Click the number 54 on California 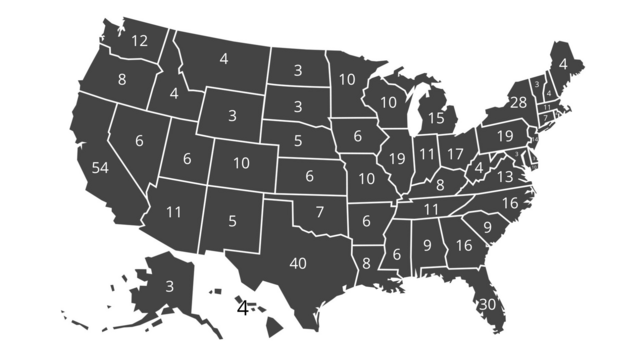[x=100, y=168]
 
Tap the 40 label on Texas [x=298, y=264]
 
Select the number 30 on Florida [x=488, y=305]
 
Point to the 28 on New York [x=518, y=102]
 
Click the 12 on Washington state [x=139, y=41]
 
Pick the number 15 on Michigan [x=436, y=118]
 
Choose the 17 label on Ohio [x=455, y=154]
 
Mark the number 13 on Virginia [x=505, y=176]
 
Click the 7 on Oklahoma [x=320, y=212]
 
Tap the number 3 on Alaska [x=169, y=286]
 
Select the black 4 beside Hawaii [x=242, y=308]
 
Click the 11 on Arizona [x=174, y=212]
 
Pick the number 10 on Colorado [x=242, y=162]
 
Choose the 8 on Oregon [x=122, y=80]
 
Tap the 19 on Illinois [x=397, y=158]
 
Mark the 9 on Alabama [x=427, y=244]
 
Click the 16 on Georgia [x=464, y=245]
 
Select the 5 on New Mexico [x=232, y=221]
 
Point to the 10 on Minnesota [x=347, y=80]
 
